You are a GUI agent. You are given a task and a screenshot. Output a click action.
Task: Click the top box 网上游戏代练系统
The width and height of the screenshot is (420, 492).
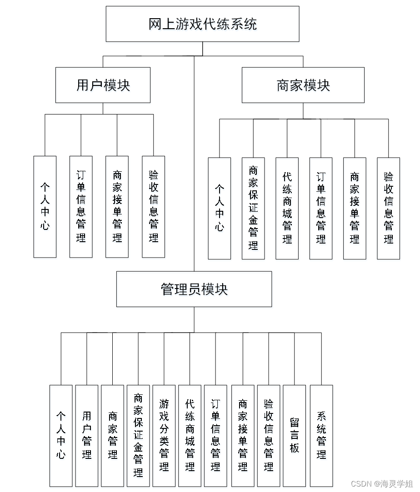point(203,24)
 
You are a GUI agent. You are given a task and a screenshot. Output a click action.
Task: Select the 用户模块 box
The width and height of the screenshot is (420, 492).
point(103,85)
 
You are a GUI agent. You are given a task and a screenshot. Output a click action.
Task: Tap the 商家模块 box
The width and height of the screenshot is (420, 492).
point(303,85)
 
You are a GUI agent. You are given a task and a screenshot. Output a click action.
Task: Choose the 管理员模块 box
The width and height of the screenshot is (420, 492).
point(194,289)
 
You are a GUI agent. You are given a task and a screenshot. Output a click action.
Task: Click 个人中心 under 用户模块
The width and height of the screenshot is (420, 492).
point(45,207)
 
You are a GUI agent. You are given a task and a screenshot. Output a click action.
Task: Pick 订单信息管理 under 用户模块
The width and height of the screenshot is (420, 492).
point(81,207)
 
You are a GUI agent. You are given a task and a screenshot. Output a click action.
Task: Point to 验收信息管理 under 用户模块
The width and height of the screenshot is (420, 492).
point(153,207)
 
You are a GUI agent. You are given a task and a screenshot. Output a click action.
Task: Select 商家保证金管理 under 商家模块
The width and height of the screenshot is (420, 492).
point(253,208)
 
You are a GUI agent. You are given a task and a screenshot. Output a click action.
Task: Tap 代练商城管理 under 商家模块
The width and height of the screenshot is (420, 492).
point(287,208)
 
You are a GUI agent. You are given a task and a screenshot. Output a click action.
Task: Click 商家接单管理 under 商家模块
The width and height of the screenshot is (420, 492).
point(355,208)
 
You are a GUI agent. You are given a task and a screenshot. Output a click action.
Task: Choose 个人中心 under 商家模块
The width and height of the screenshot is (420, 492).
point(220,208)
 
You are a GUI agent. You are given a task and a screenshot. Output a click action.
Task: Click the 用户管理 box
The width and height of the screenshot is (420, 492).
point(87,436)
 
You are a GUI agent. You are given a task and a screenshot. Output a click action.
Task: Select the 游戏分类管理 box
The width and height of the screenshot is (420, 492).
point(164,436)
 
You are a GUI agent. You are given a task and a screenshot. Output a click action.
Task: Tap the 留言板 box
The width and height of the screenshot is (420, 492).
point(294,436)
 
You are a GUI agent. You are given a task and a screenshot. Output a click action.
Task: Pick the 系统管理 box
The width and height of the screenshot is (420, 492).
point(321,436)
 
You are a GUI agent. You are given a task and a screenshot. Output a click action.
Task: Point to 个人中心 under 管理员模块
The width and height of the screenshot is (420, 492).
point(61,436)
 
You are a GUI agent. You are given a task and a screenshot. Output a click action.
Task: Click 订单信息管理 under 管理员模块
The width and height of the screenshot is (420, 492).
point(215,436)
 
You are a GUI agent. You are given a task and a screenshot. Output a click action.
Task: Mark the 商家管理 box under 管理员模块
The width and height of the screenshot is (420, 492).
point(112,436)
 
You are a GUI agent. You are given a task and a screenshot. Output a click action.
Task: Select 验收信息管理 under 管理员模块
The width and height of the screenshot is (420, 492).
point(269,436)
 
